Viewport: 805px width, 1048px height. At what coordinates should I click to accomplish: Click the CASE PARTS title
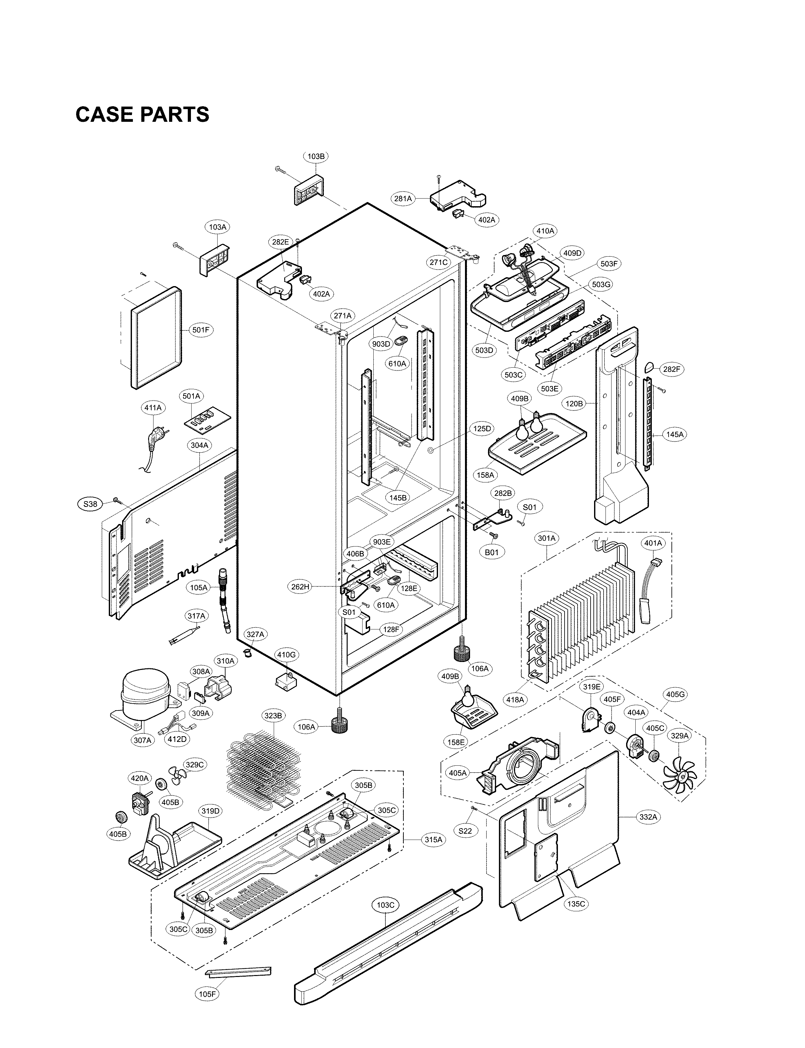[x=142, y=115]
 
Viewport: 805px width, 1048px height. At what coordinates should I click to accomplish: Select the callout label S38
[x=90, y=504]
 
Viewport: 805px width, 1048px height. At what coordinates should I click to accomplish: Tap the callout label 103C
[x=385, y=905]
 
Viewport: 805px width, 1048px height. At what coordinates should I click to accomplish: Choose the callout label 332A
[x=648, y=817]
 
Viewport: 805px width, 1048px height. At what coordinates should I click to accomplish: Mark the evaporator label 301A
[x=546, y=538]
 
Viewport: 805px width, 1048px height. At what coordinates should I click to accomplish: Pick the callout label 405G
[x=675, y=694]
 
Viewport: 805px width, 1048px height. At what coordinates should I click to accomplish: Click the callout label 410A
[x=545, y=231]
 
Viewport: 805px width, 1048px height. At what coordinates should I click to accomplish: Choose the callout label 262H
[x=300, y=586]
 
